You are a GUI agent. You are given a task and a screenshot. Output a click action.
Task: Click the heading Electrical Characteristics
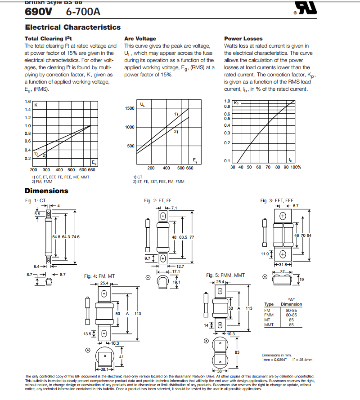[72, 27]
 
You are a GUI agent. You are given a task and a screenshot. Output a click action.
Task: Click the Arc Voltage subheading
[140, 39]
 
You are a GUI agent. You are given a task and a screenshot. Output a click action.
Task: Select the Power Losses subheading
[243, 39]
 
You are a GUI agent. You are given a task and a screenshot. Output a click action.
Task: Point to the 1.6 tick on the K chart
[28, 102]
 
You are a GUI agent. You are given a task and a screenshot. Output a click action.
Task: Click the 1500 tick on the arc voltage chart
[129, 108]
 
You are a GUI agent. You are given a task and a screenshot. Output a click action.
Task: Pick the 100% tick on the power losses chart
[295, 167]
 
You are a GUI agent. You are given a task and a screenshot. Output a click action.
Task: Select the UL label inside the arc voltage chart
[143, 105]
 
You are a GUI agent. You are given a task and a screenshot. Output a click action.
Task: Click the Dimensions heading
[46, 191]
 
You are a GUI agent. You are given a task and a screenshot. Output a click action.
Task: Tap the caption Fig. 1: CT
[36, 200]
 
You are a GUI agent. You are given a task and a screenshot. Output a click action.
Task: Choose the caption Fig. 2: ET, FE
[157, 200]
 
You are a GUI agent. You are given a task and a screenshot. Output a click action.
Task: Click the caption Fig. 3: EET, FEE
[277, 200]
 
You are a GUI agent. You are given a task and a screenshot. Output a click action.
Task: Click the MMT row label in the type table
[269, 324]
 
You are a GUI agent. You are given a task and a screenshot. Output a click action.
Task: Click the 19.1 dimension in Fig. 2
[176, 282]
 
